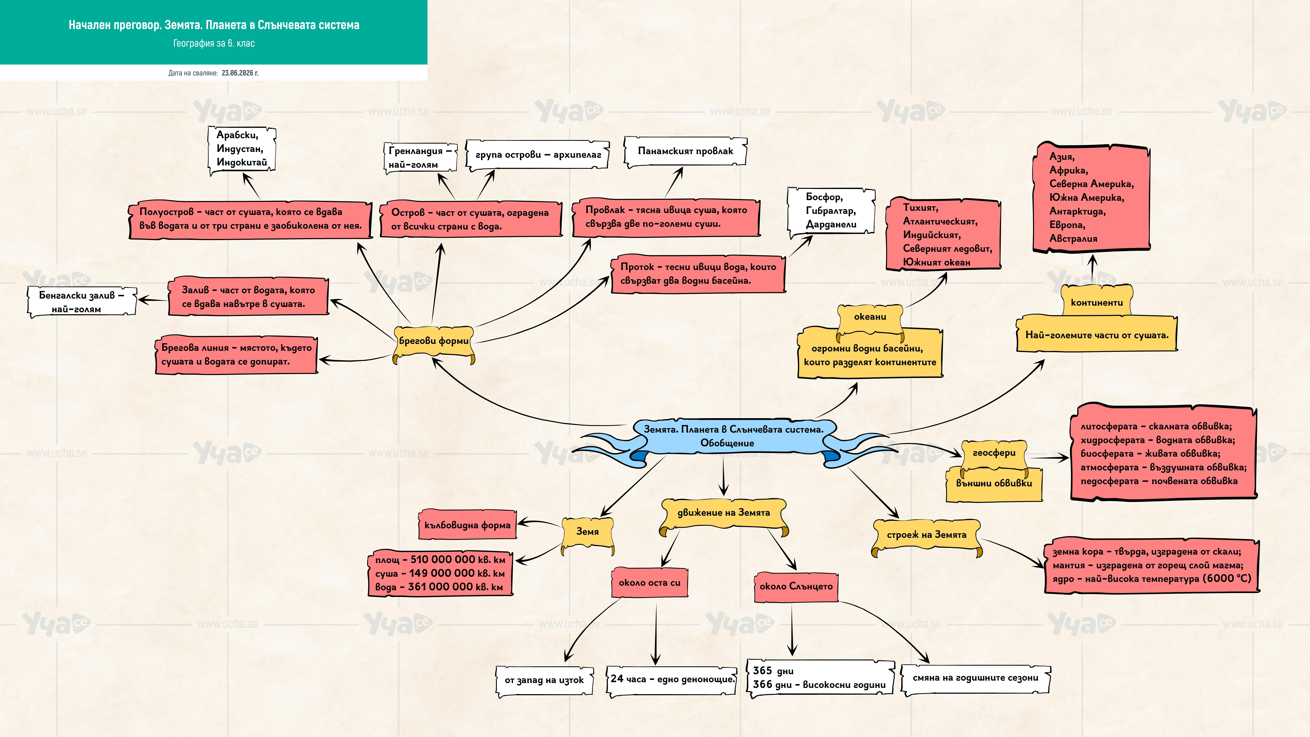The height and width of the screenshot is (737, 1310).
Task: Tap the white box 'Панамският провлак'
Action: pos(685,151)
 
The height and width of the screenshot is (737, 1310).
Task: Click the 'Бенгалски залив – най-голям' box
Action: pos(81,302)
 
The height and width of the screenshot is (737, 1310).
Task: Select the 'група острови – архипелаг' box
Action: pos(538,155)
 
